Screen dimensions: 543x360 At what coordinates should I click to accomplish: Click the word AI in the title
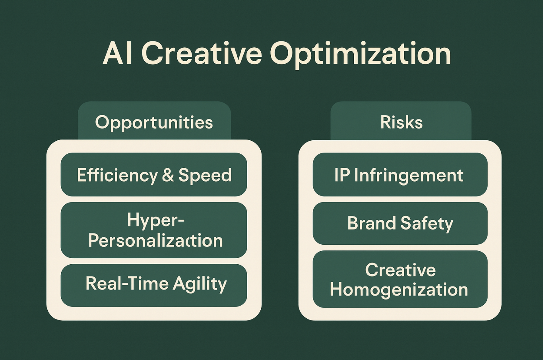(x=117, y=54)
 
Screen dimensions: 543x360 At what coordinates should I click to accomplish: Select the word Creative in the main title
(x=202, y=53)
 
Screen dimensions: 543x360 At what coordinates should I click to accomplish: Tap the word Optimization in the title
(x=361, y=55)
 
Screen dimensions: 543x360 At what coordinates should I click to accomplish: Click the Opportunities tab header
(x=154, y=121)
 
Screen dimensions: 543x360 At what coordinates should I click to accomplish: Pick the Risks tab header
(x=401, y=121)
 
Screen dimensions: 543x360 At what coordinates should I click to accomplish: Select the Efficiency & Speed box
(x=154, y=174)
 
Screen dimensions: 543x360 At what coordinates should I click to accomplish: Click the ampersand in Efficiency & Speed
(x=168, y=175)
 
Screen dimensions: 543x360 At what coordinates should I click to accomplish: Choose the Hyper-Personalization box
(x=154, y=230)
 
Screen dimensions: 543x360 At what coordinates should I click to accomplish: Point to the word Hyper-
(x=156, y=221)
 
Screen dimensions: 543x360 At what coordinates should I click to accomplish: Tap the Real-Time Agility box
(x=154, y=285)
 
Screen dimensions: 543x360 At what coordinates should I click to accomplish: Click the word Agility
(x=200, y=285)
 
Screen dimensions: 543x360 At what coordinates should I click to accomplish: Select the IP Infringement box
(x=400, y=174)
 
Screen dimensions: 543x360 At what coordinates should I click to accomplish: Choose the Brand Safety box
(x=400, y=223)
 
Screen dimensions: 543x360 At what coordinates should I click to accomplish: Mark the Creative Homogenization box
(x=400, y=279)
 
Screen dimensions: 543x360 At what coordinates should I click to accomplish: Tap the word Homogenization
(x=399, y=290)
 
